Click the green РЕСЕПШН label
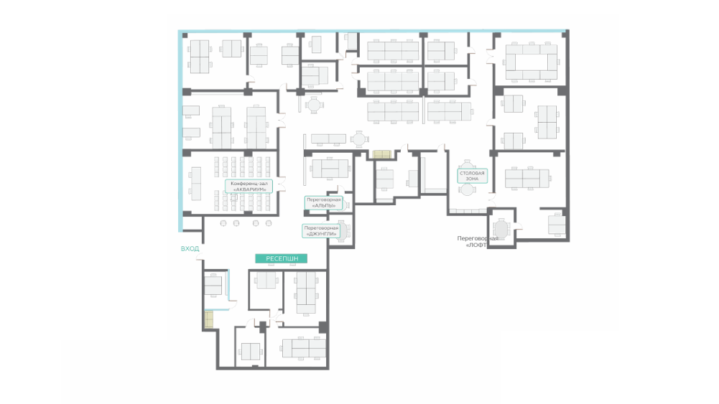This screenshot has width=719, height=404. click(x=281, y=259)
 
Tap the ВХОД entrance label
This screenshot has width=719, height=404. click(x=190, y=249)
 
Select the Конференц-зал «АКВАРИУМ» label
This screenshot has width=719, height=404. click(x=249, y=187)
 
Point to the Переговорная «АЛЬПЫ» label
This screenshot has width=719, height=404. click(x=324, y=203)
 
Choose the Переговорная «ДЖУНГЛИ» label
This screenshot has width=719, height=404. click(x=321, y=231)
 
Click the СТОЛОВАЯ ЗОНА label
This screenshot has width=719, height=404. click(x=473, y=176)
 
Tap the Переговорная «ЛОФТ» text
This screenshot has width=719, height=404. click(x=478, y=242)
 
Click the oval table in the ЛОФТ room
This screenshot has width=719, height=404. click(x=501, y=229)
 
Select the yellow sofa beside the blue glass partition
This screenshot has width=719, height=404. click(x=209, y=320)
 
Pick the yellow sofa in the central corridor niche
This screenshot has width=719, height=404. click(x=381, y=154)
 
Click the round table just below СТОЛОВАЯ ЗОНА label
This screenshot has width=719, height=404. click(x=466, y=189)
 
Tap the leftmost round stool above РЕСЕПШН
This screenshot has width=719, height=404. click(x=223, y=223)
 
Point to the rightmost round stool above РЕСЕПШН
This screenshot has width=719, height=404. click(x=269, y=223)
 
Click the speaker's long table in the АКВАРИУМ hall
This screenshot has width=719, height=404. click(x=196, y=184)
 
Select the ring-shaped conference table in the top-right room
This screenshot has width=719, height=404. click(x=532, y=62)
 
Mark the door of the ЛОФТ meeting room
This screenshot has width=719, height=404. click(x=519, y=226)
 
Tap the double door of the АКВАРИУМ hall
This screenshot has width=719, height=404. click(x=281, y=183)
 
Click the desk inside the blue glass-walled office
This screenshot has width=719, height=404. click(x=213, y=285)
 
